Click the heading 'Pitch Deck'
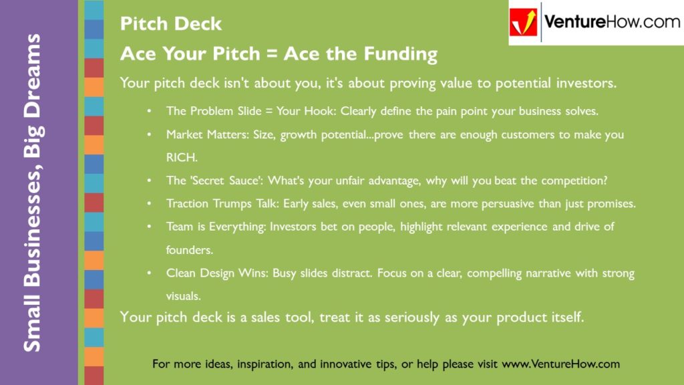pyautogui.click(x=170, y=25)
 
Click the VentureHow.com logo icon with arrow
pyautogui.click(x=523, y=23)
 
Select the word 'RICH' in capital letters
pyautogui.click(x=179, y=158)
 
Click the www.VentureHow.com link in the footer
pyautogui.click(x=560, y=364)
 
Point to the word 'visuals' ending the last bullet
pyautogui.click(x=182, y=295)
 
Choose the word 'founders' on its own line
pyautogui.click(x=188, y=249)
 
